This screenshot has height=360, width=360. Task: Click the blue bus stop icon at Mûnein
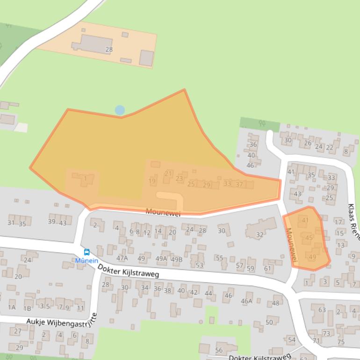point(86,252)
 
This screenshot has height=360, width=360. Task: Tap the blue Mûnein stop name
point(86,260)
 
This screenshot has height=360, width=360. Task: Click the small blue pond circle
point(120,110)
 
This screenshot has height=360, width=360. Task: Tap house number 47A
point(122,258)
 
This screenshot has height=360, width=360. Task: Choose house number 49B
point(177,259)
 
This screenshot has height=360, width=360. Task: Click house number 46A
point(246,301)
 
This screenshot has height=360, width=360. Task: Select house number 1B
point(28,308)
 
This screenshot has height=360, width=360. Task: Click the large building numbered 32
point(260,235)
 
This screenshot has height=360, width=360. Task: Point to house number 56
point(219,350)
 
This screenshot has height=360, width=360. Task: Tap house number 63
point(322,310)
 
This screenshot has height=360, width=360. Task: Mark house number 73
point(326,333)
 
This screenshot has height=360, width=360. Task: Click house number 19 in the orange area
point(152,181)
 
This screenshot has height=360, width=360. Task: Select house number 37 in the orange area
point(239,184)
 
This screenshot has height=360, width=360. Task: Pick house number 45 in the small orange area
point(309,238)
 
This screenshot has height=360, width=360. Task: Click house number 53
point(200,265)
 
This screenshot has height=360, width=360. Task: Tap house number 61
point(268,268)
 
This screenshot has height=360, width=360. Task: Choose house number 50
point(269,322)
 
